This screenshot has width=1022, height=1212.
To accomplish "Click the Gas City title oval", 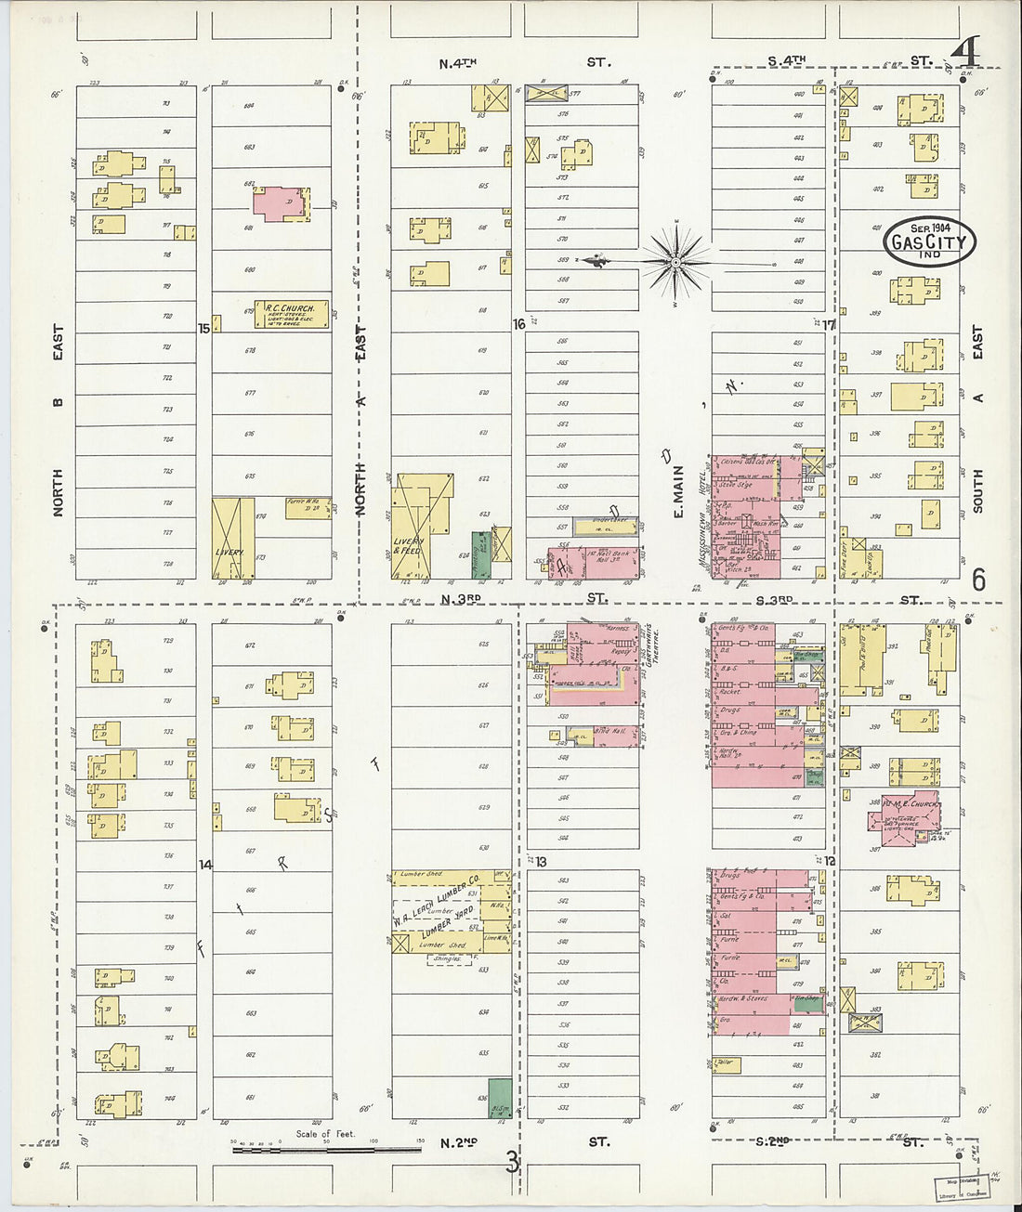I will click(929, 241).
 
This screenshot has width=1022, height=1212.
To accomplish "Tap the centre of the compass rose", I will click(677, 263).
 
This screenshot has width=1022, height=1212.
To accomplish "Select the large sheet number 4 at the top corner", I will click(965, 53).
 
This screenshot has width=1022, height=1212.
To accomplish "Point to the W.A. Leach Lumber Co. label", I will click(435, 903).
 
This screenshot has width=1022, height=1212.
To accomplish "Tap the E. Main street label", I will click(678, 491).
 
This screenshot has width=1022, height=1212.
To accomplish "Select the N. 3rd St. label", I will click(461, 600).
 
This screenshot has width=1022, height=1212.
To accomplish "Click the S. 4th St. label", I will click(786, 61).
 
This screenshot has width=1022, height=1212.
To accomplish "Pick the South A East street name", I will click(977, 418).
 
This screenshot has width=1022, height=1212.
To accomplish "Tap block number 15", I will click(203, 328).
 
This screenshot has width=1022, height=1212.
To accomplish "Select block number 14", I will click(205, 865).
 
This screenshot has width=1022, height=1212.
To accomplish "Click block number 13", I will click(540, 862).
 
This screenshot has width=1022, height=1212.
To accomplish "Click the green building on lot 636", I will click(500, 1098).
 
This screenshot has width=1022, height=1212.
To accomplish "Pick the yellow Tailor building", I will click(727, 1064).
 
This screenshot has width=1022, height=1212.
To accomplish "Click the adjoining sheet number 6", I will click(978, 580).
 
